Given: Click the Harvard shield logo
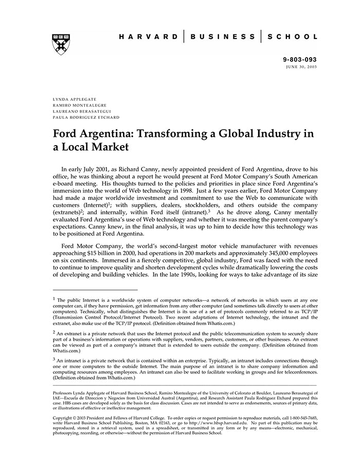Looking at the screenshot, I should point(61,44).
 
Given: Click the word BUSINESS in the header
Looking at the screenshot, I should point(222,37).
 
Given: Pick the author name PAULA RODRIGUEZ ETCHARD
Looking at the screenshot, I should point(86,117).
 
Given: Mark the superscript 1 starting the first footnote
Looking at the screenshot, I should point(54,298).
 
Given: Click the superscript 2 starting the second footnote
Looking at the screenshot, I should point(54,332).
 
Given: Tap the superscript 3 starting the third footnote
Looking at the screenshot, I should point(54,360).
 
